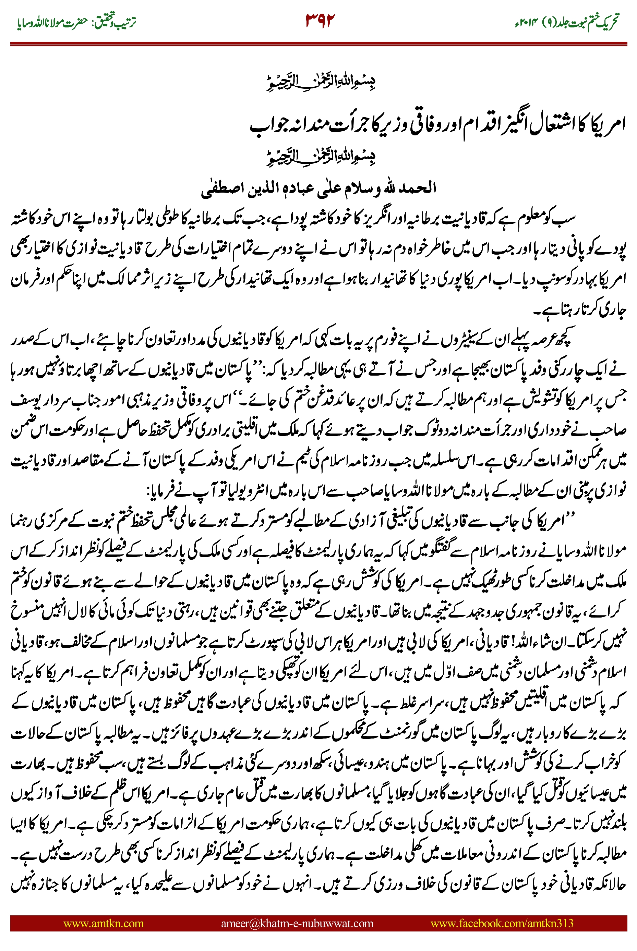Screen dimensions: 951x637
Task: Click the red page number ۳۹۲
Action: (320, 20)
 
